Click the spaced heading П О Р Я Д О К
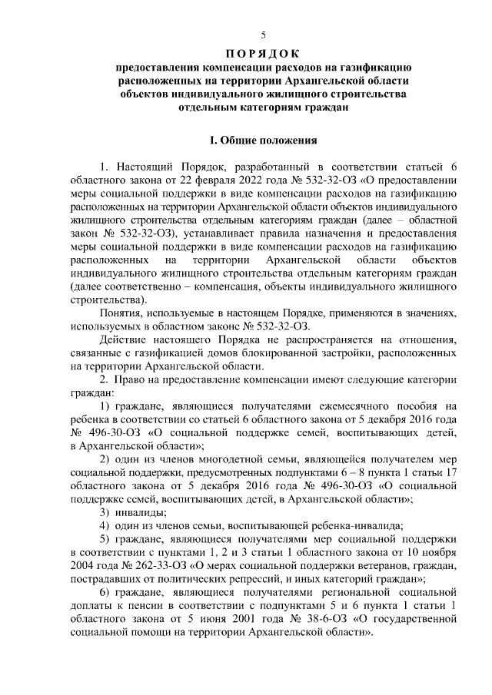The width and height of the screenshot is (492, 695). click(x=264, y=54)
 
